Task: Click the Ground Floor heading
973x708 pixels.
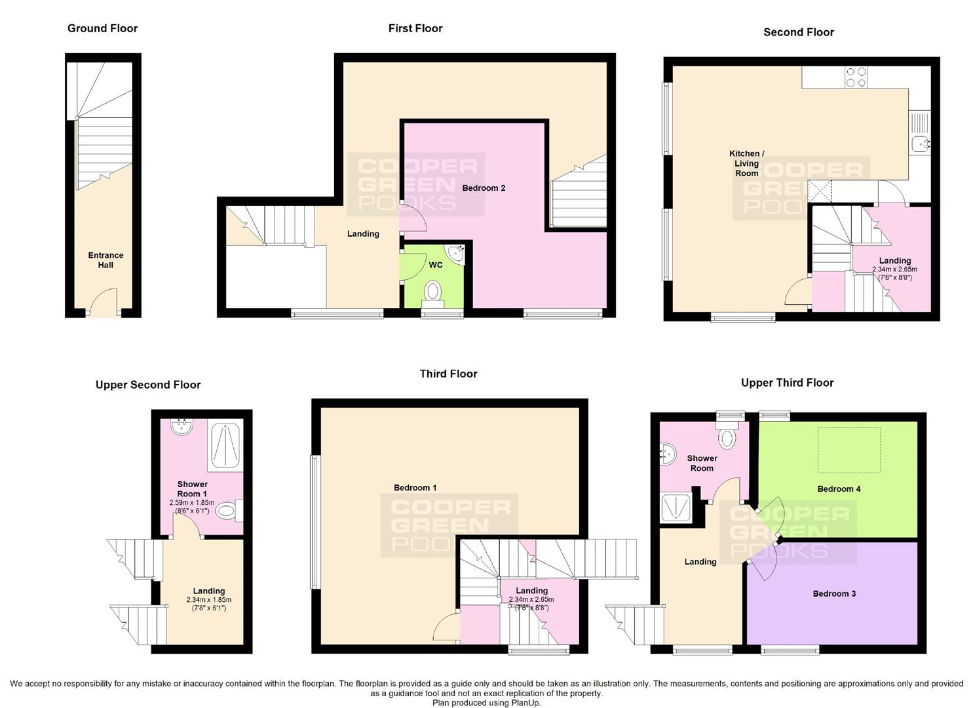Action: pos(102,28)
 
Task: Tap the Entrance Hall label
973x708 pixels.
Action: pos(105,260)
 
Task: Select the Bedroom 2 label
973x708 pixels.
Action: pos(484,188)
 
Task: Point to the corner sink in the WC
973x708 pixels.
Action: pos(455,254)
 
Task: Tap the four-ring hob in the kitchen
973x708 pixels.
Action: pos(856,77)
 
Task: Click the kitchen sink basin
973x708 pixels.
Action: pos(919,144)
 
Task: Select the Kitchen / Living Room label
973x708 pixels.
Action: pos(746,163)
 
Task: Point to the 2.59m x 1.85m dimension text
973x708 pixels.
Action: pos(191,502)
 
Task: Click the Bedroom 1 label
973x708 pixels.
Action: pos(415,488)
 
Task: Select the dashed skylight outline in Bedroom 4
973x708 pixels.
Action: pos(849,450)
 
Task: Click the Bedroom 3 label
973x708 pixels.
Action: pos(834,594)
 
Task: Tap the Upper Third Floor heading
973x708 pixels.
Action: pos(787,383)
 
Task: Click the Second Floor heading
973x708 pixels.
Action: pos(798,32)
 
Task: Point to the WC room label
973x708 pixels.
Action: pos(436,265)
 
